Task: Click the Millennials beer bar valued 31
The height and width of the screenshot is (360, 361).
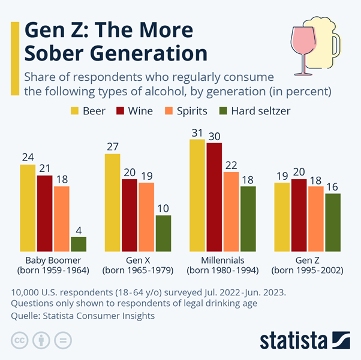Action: click(197, 195)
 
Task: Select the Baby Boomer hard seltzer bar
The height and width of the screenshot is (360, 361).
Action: click(79, 244)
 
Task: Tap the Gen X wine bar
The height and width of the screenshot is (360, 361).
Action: click(130, 215)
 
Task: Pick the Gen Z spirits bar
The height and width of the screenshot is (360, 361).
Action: click(315, 219)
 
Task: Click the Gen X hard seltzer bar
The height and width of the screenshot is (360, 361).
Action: click(163, 233)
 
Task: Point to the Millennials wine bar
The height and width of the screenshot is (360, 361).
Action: click(214, 197)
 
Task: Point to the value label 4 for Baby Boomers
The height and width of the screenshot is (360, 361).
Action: click(79, 230)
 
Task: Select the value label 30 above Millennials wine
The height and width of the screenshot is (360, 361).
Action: click(214, 135)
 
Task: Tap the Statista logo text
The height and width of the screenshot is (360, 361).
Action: click(290, 340)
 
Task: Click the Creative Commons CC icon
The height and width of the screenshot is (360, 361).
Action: click(21, 340)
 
